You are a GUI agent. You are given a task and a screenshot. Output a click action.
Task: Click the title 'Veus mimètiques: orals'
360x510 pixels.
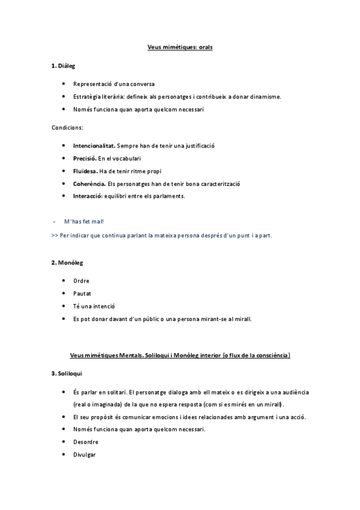180,46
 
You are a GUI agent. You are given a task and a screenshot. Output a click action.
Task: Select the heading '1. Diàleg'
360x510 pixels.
63,65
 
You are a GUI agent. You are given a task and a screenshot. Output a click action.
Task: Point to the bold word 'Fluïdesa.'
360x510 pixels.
85,171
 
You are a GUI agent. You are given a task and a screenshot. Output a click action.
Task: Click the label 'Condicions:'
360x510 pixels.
67,127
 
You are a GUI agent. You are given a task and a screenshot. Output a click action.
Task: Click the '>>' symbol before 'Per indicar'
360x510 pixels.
55,235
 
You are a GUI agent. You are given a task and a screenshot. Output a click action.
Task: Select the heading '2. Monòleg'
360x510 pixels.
66,263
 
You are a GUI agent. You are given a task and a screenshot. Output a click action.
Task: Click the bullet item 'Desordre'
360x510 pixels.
85,442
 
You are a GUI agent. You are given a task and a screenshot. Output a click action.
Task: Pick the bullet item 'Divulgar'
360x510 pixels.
84,455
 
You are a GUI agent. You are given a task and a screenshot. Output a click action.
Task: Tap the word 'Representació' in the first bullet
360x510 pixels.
91,84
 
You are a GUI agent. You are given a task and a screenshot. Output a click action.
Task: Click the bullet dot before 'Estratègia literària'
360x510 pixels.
64,96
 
